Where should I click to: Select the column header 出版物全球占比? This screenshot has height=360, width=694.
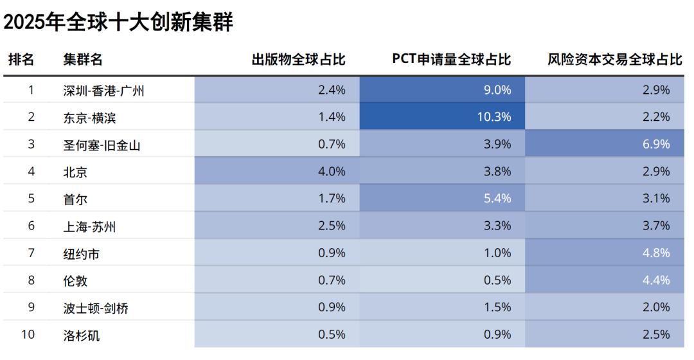[298, 60]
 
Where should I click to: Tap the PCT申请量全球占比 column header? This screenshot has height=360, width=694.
[451, 60]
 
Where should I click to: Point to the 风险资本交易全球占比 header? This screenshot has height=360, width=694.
[614, 60]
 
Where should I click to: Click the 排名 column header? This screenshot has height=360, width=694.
[21, 60]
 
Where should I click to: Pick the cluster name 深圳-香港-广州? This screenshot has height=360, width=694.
[103, 91]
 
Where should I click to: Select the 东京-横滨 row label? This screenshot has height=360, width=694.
[90, 118]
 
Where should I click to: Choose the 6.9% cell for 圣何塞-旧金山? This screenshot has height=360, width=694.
[657, 145]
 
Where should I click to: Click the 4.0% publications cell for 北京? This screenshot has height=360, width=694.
[332, 172]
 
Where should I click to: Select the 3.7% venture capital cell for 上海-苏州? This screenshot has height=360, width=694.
[657, 226]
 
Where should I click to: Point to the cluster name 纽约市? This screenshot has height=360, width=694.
[81, 254]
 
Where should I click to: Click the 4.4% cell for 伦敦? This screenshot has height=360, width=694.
[657, 280]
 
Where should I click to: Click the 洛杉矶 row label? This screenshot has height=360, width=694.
[81, 335]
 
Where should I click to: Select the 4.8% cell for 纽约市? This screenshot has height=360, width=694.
[657, 253]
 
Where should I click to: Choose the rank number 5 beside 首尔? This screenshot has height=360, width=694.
[31, 199]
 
